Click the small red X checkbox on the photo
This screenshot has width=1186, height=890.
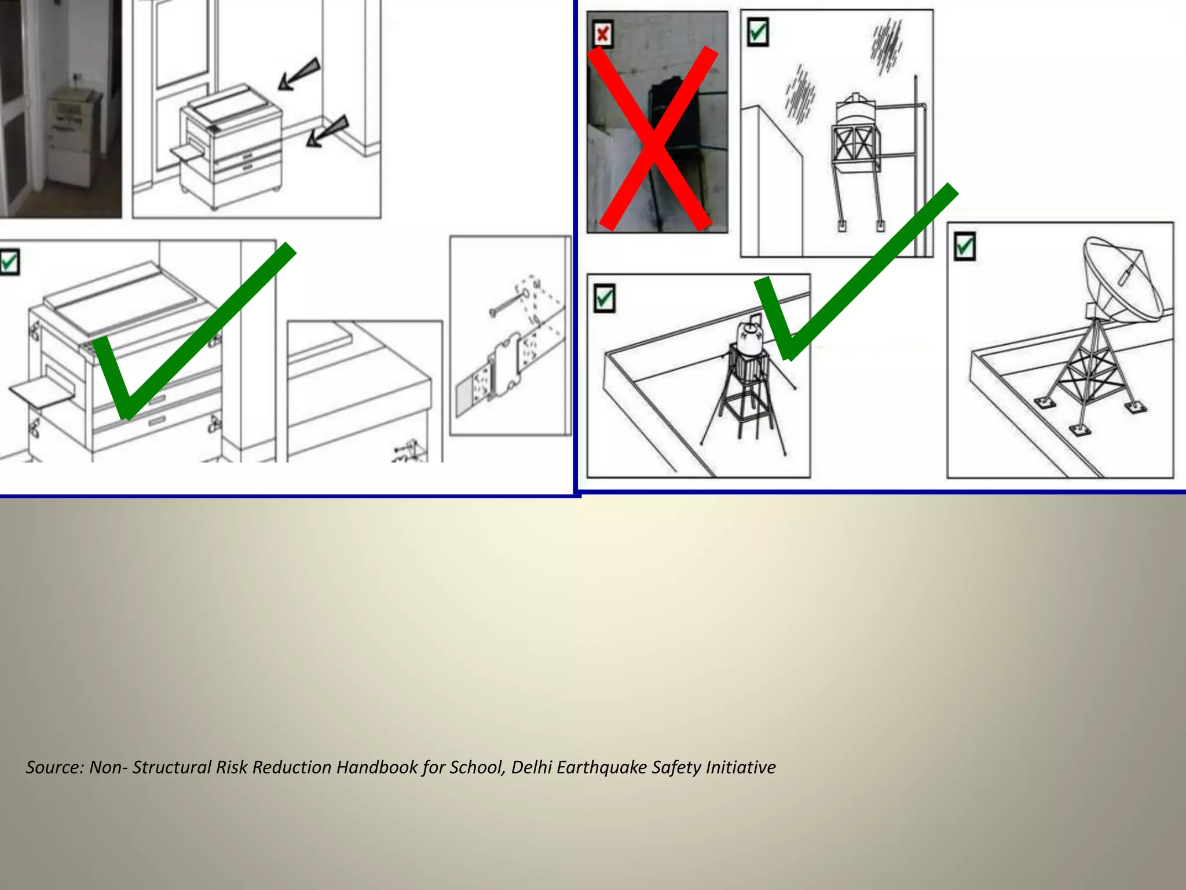(603, 34)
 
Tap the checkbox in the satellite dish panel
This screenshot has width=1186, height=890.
(964, 246)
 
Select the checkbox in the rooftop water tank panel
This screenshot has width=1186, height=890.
(605, 298)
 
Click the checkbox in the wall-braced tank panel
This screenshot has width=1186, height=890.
(757, 32)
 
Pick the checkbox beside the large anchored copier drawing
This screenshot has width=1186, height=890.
(9, 262)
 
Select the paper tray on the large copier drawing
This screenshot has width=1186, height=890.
(41, 394)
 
